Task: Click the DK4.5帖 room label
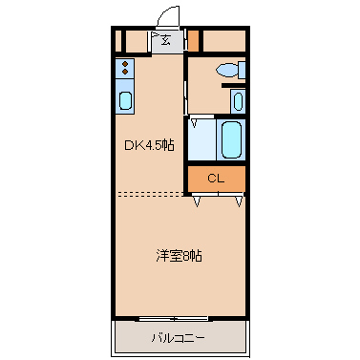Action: [148, 146]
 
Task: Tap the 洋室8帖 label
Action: [179, 255]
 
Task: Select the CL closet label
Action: [216, 179]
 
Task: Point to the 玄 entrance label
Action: [165, 41]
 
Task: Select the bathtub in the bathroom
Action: [231, 139]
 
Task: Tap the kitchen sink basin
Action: [125, 100]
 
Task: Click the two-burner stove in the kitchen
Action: [125, 69]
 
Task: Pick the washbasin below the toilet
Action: [238, 100]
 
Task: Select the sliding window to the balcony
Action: [173, 317]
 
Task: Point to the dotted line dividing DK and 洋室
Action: [151, 193]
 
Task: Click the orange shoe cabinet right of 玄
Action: [192, 41]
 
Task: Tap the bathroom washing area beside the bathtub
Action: [201, 139]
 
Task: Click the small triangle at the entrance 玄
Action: [155, 39]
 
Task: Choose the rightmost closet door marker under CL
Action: [239, 201]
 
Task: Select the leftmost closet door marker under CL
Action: [196, 201]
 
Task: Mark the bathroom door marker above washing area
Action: [195, 121]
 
